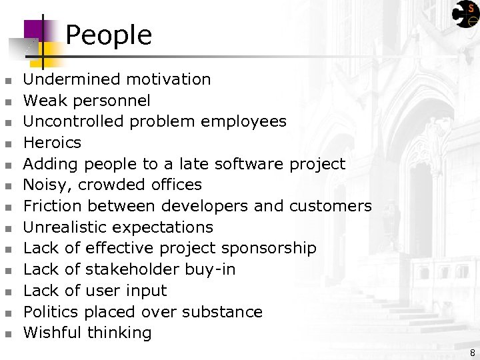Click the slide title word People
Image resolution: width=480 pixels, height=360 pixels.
click(109, 35)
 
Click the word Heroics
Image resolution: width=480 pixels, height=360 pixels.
click(52, 143)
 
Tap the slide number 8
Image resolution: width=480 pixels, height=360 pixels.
click(472, 352)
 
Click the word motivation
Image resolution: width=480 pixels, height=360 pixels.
click(169, 79)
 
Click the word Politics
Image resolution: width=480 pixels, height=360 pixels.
click(51, 312)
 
